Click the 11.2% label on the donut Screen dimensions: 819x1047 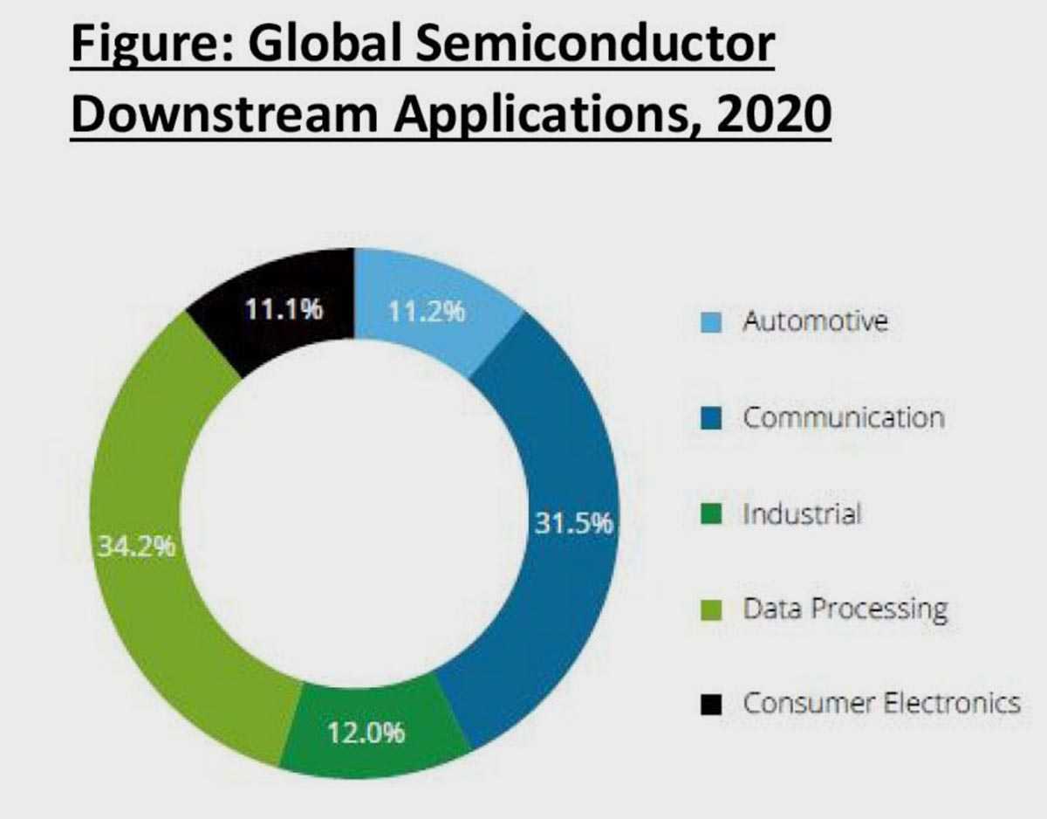click(426, 313)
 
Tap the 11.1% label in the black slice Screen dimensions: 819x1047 click(282, 311)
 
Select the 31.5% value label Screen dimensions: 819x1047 click(573, 526)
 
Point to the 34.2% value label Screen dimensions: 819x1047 click(135, 548)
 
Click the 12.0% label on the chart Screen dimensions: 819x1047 click(366, 733)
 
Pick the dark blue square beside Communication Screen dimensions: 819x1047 click(711, 418)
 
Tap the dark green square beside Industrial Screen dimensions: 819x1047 click(711, 514)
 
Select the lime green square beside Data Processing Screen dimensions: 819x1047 click(711, 609)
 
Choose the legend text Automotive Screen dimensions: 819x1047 click(815, 321)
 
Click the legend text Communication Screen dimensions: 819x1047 click(843, 417)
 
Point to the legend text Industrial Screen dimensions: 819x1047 click(801, 513)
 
